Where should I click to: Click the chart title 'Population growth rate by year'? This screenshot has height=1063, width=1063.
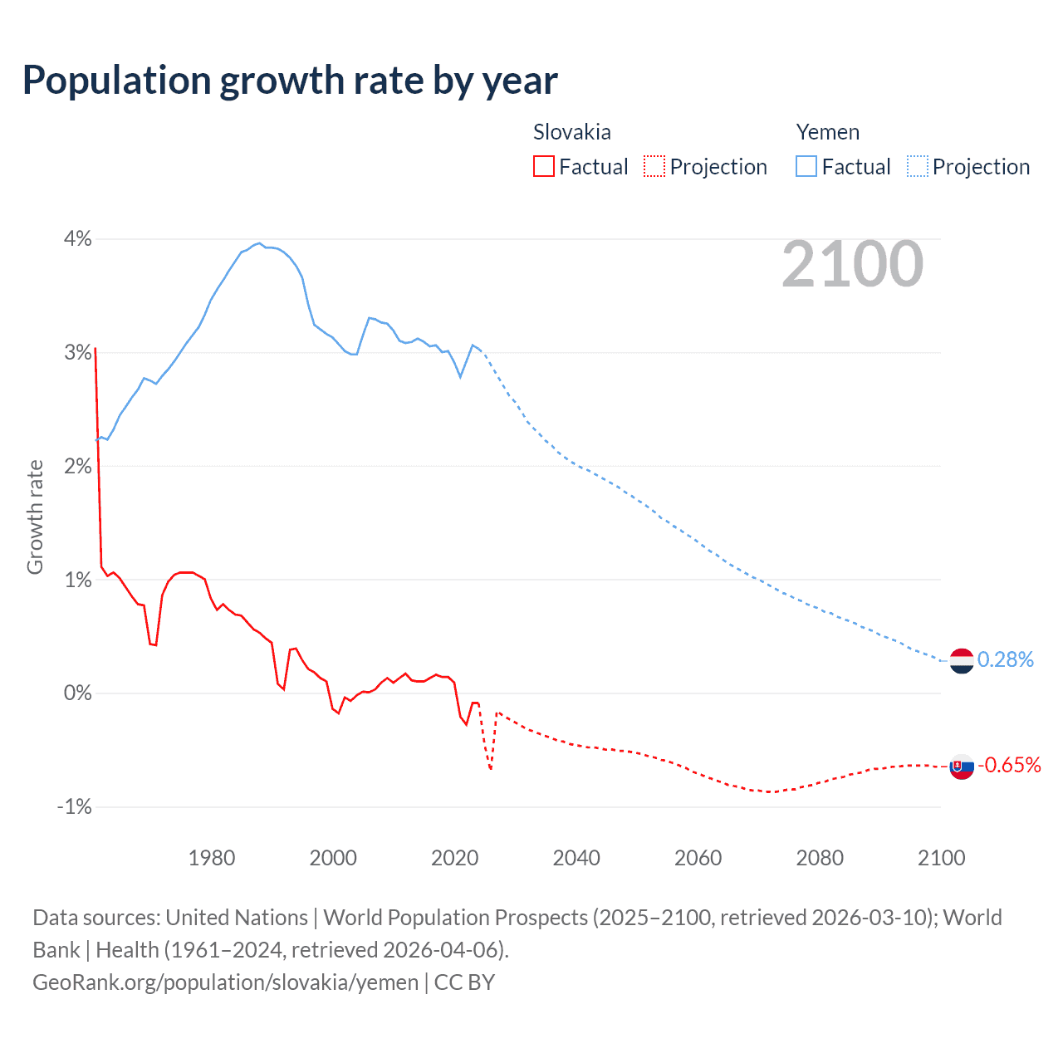pos(290,81)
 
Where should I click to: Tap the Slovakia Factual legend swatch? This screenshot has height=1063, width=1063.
pos(543,167)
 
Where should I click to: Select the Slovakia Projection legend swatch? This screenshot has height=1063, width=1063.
pos(654,167)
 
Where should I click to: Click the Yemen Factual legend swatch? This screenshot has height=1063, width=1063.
pos(806,167)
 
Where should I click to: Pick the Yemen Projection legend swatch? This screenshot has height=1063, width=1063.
pos(917,167)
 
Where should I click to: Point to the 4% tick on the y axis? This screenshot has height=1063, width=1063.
pos(77,239)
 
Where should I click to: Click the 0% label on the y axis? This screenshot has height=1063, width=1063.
pos(77,693)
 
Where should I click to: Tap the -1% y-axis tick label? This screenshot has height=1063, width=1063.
pos(74,806)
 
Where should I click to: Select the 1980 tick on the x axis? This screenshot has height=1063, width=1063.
pos(212,858)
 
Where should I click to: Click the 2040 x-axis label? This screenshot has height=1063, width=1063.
pos(576,858)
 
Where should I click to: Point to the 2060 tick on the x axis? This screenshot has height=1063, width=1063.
pos(698,858)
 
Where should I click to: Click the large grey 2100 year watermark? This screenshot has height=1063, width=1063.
pos(852,264)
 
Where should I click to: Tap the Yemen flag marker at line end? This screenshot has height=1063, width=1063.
pos(961,661)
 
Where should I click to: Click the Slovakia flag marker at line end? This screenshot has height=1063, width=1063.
pos(961,766)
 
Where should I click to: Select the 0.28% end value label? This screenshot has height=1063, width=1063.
pos(1005,659)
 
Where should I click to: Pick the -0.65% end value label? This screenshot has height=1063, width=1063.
pos(1008,765)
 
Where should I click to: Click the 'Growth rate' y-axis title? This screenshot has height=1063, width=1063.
pos(35,517)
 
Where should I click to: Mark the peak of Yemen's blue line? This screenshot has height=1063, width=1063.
pos(259,243)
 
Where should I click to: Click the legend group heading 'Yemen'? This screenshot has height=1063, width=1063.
pos(827,132)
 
